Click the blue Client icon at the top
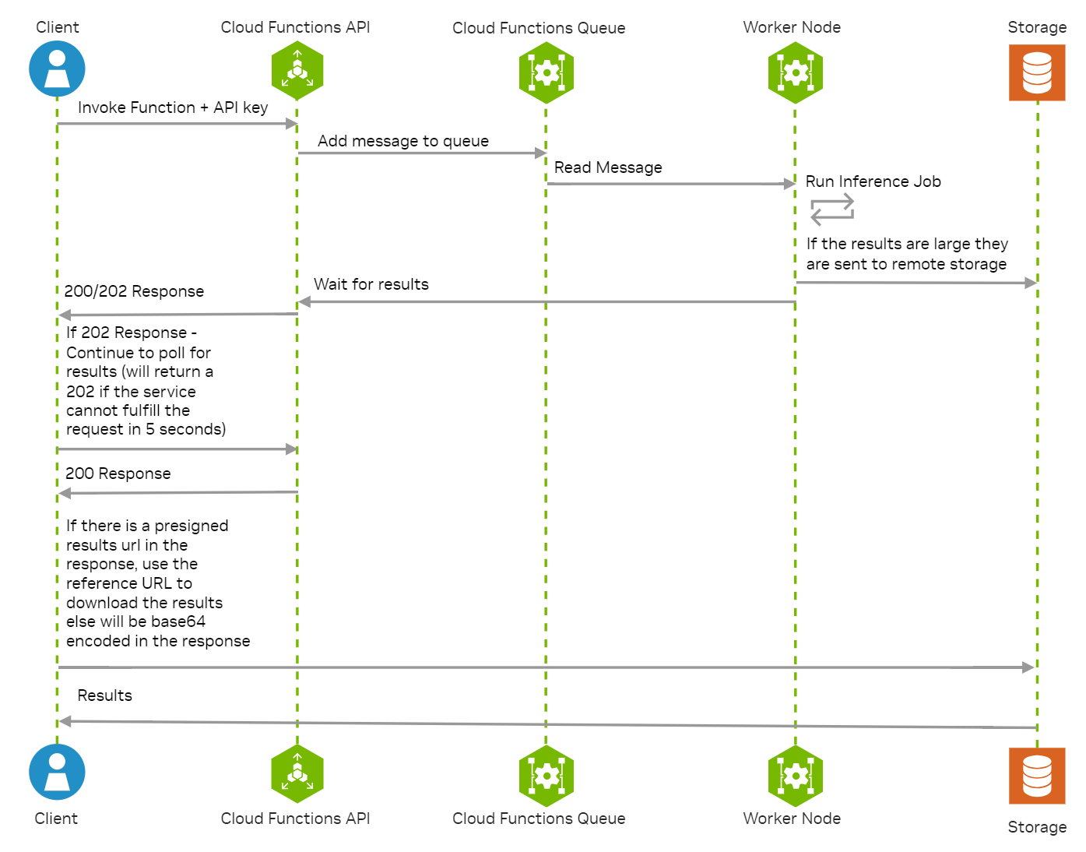57,69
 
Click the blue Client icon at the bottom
57,772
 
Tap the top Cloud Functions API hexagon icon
297,71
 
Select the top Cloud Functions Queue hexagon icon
547,72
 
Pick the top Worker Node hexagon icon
795,72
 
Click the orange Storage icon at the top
1037,72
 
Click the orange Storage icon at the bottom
1037,776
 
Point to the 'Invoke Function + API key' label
173,107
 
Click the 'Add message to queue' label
403,141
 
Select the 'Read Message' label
608,167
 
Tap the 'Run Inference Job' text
873,181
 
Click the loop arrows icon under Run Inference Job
832,210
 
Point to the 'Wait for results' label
371,284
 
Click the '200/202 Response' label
134,291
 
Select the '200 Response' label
118,474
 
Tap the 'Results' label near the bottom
105,695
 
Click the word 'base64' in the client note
178,621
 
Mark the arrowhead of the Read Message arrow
789,184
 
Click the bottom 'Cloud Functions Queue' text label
539,819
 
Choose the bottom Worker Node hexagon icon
795,776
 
